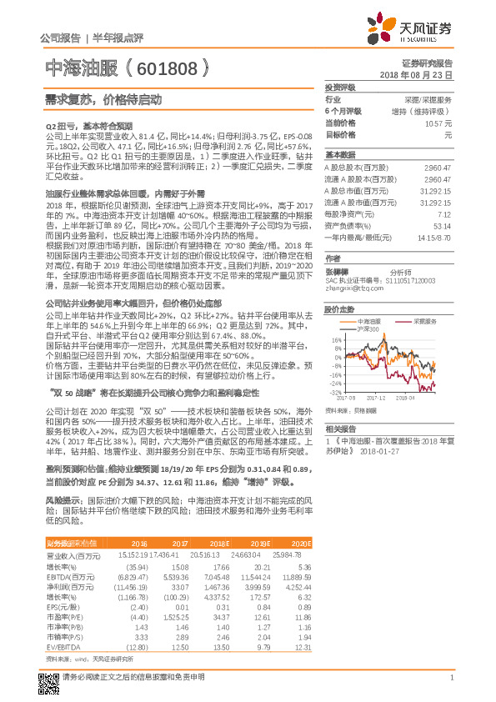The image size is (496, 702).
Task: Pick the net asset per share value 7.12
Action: coord(443,213)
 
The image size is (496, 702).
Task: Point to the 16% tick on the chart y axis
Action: coord(337,340)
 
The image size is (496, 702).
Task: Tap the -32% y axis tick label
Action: coord(335,391)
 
